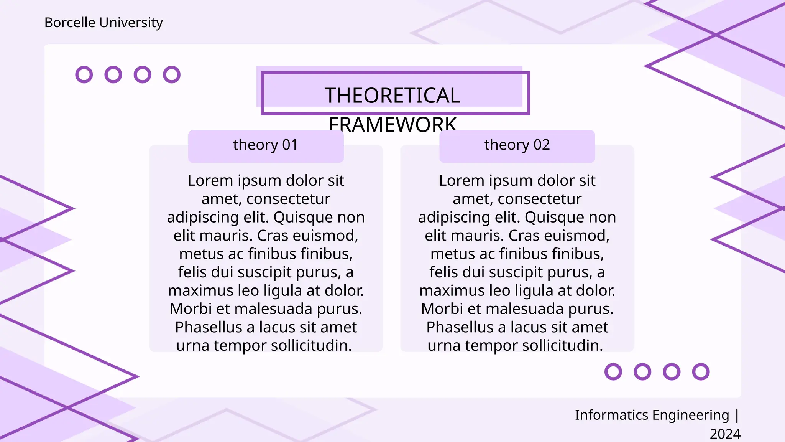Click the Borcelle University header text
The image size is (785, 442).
(103, 23)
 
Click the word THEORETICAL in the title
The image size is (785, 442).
(392, 96)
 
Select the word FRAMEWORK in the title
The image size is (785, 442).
(392, 124)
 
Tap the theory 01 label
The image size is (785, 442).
(266, 145)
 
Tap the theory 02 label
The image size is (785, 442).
(517, 145)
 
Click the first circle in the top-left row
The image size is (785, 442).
(84, 74)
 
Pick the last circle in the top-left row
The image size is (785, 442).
(172, 74)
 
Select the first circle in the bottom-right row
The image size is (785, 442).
(613, 372)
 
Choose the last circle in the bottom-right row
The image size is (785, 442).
(701, 372)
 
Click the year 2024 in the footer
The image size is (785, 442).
(725, 434)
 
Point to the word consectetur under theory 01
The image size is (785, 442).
(288, 199)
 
